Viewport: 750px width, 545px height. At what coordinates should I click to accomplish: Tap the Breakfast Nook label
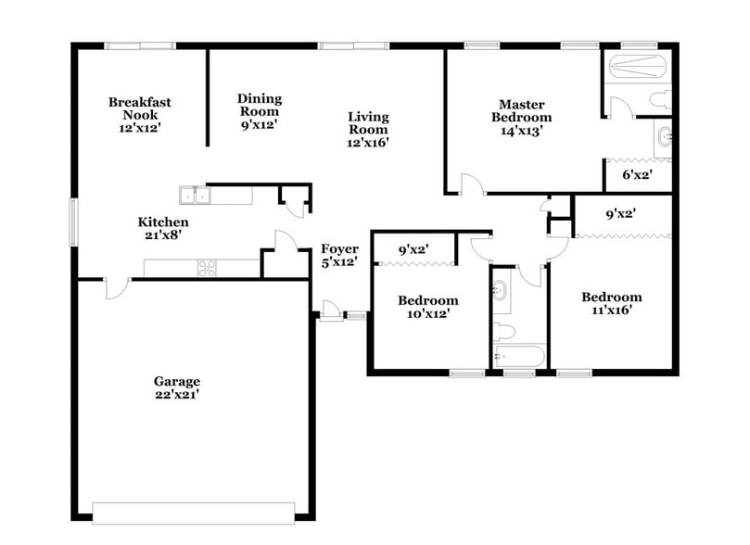click(x=139, y=116)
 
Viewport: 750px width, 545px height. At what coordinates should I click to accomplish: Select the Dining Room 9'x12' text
click(x=259, y=111)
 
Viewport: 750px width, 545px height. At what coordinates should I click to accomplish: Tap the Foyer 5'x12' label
click(x=339, y=256)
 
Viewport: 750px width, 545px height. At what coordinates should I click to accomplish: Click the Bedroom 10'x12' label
click(x=427, y=308)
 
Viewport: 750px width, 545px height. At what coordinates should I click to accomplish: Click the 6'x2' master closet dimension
click(x=638, y=174)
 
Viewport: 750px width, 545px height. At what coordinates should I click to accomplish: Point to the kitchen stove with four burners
click(x=207, y=268)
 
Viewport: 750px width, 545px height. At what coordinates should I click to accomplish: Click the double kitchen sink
click(x=196, y=196)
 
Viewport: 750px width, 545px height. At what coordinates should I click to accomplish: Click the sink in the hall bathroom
click(x=501, y=292)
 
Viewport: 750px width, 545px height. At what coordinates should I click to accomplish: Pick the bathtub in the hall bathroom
click(x=519, y=357)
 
